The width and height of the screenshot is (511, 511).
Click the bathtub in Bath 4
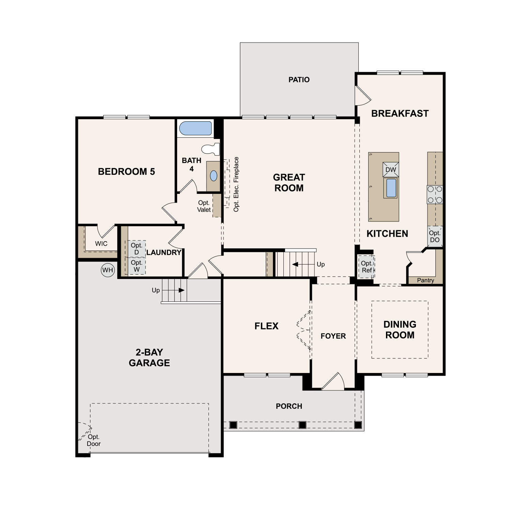(x=196, y=128)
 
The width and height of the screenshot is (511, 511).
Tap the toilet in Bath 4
(x=211, y=149)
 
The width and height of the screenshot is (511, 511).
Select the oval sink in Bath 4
(x=214, y=176)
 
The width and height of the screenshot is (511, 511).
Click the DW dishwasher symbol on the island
(x=391, y=169)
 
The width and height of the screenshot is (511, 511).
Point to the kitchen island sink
(x=391, y=188)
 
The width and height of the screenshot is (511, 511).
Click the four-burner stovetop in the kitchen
(x=435, y=195)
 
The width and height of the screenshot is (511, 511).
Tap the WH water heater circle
(x=108, y=270)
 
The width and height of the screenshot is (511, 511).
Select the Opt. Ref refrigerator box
(x=367, y=267)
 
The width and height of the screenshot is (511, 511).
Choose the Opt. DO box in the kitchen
(x=435, y=236)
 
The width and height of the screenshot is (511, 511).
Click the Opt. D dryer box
(x=137, y=249)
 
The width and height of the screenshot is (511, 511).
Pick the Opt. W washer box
(x=137, y=266)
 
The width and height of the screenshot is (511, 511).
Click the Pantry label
(x=425, y=280)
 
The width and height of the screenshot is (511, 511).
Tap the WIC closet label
(x=101, y=244)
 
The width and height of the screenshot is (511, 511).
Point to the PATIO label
(x=299, y=80)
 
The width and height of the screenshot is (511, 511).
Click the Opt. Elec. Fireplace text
(x=236, y=184)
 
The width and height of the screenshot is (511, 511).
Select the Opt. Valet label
(x=204, y=206)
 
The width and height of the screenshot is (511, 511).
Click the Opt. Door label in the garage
(x=94, y=440)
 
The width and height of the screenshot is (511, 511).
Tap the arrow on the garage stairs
(x=174, y=290)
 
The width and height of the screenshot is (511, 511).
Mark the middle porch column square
(x=302, y=425)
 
